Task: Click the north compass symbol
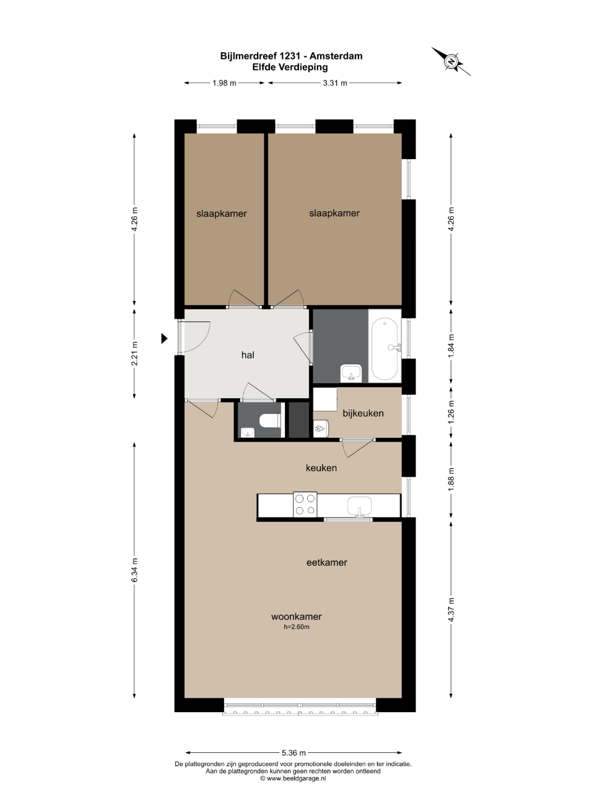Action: [451, 61]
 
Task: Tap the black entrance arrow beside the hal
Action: [164, 338]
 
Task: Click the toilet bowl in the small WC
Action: [270, 420]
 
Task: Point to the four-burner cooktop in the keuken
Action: [305, 505]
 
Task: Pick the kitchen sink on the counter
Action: [360, 507]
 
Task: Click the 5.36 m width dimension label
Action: [293, 752]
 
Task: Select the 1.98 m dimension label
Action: [224, 83]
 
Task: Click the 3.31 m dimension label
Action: [335, 83]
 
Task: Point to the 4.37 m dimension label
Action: [451, 609]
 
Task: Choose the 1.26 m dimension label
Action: [451, 412]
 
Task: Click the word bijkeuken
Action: [363, 413]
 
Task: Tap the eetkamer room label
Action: [326, 562]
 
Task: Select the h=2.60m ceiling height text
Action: [297, 627]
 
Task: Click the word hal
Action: [248, 355]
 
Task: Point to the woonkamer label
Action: [297, 616]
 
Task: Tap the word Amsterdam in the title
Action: [336, 56]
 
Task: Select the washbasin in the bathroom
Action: [352, 372]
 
